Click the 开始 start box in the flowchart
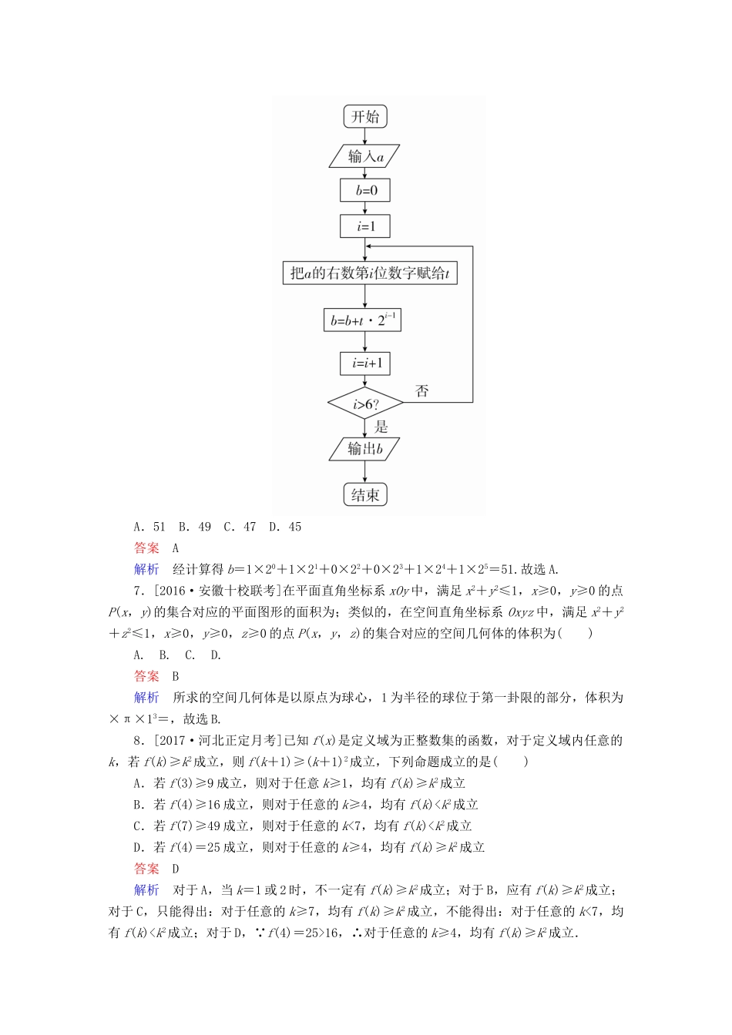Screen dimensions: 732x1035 click(x=365, y=117)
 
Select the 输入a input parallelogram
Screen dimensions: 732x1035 click(x=365, y=156)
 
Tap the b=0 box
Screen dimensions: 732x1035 click(x=365, y=190)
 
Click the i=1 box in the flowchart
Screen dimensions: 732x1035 click(x=365, y=226)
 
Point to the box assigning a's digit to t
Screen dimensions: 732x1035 click(x=370, y=273)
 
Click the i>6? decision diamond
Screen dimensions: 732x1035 click(x=365, y=404)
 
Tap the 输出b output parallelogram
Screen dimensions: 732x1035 click(x=365, y=449)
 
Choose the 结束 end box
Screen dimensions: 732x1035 click(x=365, y=495)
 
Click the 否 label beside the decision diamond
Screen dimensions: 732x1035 click(x=422, y=390)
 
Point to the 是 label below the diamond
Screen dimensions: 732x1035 click(x=381, y=427)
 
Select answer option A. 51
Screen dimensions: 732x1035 click(x=149, y=527)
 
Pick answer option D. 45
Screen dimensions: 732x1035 click(x=285, y=527)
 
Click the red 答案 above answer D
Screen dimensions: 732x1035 click(x=146, y=868)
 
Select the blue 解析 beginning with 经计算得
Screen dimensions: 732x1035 click(x=146, y=569)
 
